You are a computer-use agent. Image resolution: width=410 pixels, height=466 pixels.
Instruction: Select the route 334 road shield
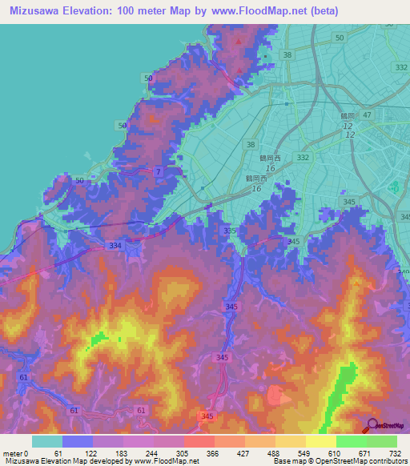coord(115,245)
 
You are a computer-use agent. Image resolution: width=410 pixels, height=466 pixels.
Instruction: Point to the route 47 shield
coord(367,116)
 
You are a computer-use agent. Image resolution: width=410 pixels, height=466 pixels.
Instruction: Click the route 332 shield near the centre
coord(303,158)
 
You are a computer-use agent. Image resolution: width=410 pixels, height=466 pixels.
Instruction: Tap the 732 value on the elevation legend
coord(393,454)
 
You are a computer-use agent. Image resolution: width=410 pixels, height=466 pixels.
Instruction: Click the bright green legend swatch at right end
coord(381,441)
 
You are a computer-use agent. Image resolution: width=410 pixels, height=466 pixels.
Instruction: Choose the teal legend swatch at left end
coord(46,441)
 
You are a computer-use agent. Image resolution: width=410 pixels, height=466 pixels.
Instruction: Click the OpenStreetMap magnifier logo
coord(372,424)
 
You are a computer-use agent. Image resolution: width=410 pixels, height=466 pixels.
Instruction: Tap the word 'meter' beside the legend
coord(14,454)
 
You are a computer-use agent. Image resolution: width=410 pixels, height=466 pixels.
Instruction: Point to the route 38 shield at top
coord(287,54)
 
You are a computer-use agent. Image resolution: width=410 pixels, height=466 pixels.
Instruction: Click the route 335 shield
coord(230,231)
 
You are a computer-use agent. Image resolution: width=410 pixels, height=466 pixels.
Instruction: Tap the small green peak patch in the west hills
coord(100,338)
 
